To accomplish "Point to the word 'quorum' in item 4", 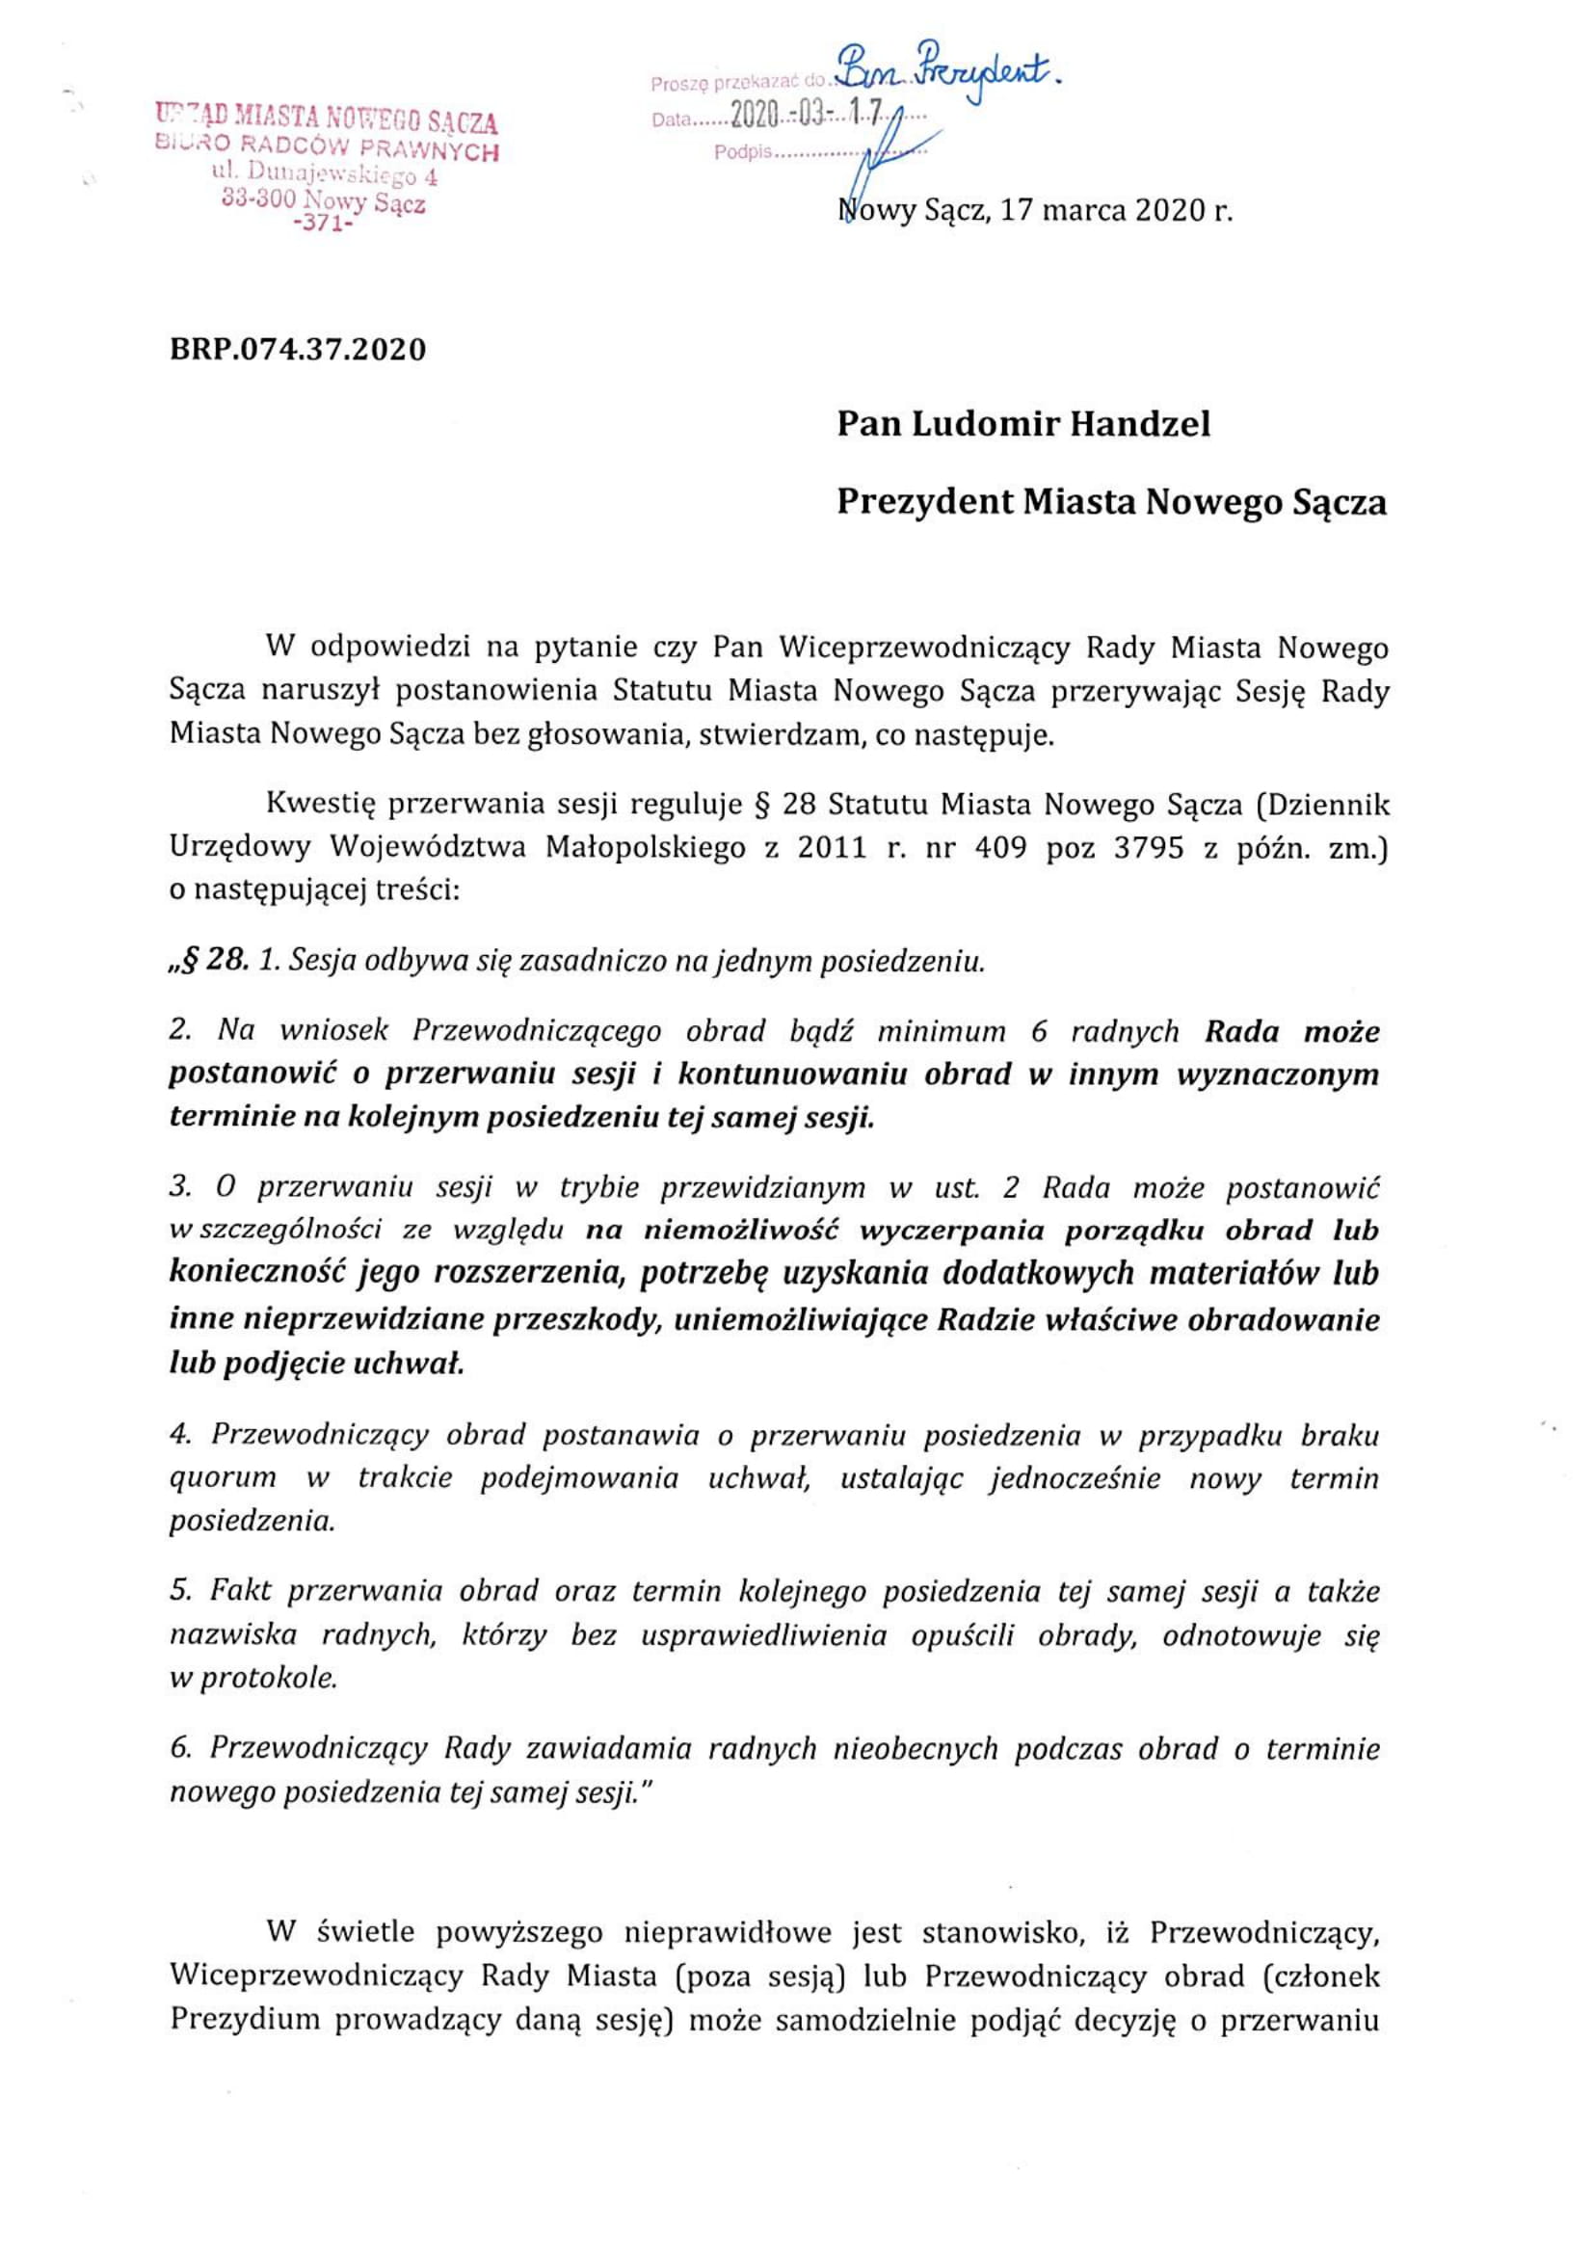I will coord(223,1505).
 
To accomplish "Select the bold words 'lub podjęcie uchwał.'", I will coord(317,1363).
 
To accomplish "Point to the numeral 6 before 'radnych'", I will coord(1039,1031).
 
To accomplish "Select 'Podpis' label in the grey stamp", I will coord(743,153).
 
